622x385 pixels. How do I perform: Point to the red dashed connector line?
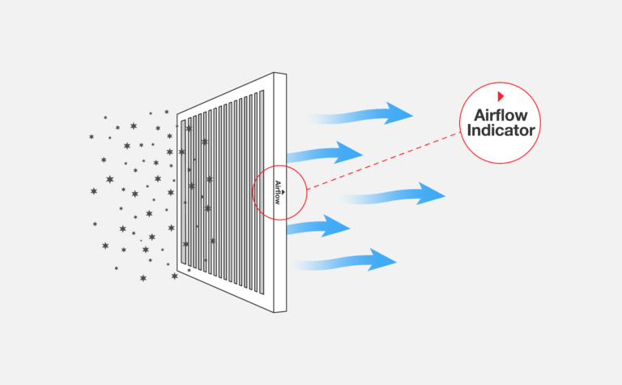tap(381, 163)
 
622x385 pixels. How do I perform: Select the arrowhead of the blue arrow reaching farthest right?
tap(433, 195)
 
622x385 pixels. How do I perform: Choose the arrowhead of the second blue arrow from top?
tap(351, 152)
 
